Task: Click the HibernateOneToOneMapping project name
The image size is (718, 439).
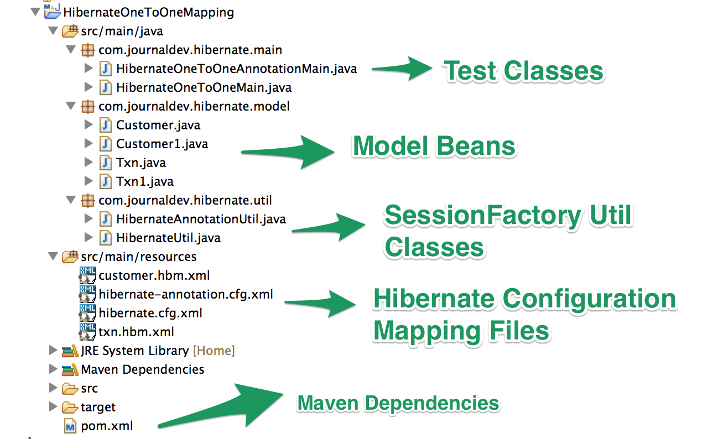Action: tap(148, 12)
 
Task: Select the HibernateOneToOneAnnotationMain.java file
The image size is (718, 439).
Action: tap(236, 69)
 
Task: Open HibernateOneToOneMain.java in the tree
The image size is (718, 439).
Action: tap(204, 87)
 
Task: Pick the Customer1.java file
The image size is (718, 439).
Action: tap(162, 144)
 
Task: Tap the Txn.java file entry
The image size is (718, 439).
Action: tap(141, 163)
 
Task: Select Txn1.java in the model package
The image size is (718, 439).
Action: tap(144, 181)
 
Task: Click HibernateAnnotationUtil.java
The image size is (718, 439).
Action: tap(201, 219)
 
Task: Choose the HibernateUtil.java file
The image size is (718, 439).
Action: tap(168, 238)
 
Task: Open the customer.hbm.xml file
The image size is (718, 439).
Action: tap(154, 275)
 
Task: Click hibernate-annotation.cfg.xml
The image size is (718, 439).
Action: tap(185, 294)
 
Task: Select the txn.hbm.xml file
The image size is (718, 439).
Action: tap(136, 332)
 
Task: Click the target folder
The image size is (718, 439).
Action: tap(98, 407)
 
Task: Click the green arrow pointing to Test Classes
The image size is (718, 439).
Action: tap(401, 69)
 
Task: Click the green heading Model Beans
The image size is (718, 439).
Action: tap(434, 147)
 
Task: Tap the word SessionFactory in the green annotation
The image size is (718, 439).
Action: tap(481, 215)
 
